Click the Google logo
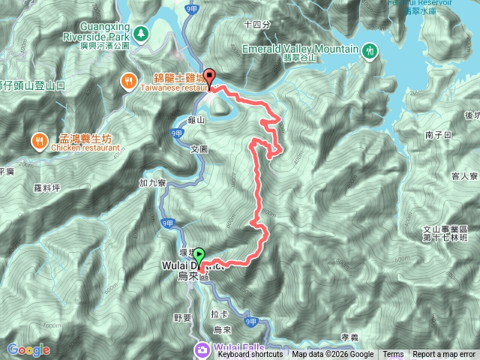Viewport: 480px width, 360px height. click(28, 349)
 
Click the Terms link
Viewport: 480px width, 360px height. click(393, 355)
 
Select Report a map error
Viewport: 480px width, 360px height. click(444, 355)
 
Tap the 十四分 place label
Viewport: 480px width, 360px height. click(256, 25)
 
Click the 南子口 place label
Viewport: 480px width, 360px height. click(436, 135)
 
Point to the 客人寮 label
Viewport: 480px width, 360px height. click(464, 176)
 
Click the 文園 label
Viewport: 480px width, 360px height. click(198, 149)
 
